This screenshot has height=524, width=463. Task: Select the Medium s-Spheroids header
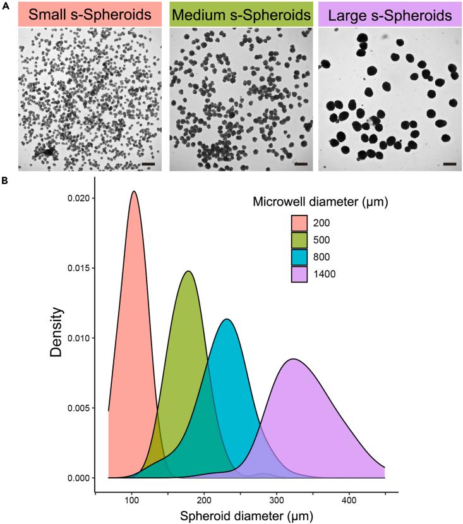click(241, 14)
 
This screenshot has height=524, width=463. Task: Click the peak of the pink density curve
click(133, 192)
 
